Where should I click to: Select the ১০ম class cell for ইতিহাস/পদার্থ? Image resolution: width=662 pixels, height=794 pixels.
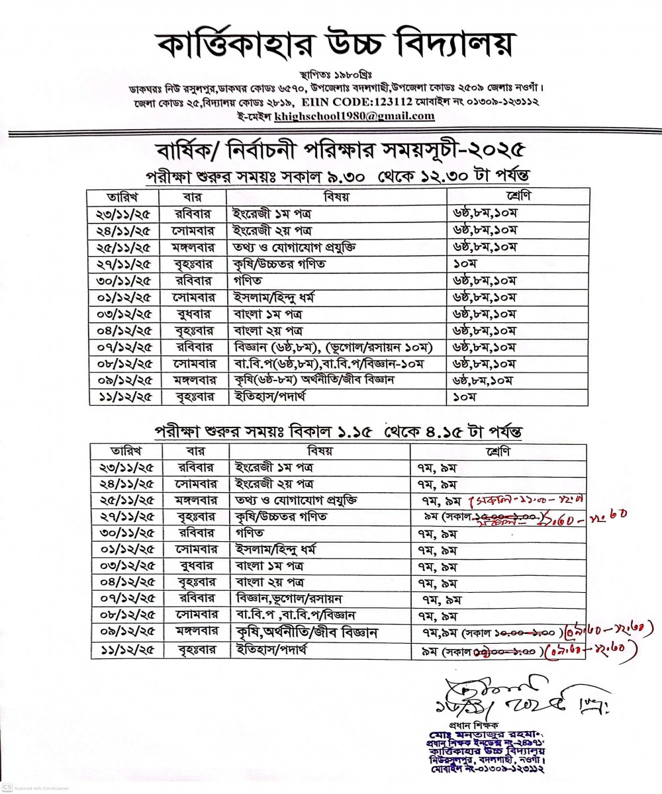point(464,398)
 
